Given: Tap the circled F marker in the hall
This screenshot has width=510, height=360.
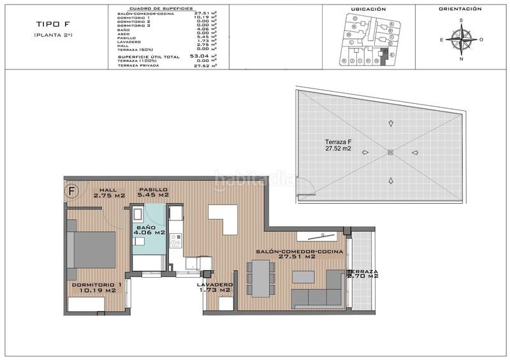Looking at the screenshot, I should pyautogui.click(x=72, y=191).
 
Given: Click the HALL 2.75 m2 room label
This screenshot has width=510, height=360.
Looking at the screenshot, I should pyautogui.click(x=108, y=193).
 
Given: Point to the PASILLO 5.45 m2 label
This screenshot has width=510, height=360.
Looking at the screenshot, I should pyautogui.click(x=152, y=193).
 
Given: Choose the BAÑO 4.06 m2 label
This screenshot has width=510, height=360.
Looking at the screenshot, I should pyautogui.click(x=150, y=230).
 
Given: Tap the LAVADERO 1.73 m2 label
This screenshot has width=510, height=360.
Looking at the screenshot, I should pyautogui.click(x=215, y=288).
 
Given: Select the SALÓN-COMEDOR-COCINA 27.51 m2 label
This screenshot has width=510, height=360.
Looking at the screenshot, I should pyautogui.click(x=300, y=254).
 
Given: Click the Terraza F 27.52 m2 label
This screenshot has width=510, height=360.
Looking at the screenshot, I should pyautogui.click(x=324, y=145).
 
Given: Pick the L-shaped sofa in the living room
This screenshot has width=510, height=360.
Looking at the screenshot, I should pyautogui.click(x=319, y=292).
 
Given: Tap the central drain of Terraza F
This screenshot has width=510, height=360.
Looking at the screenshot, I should pyautogui.click(x=390, y=152).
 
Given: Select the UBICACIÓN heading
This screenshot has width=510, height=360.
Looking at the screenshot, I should pyautogui.click(x=368, y=10).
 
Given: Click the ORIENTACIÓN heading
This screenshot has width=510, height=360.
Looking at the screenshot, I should pyautogui.click(x=460, y=10).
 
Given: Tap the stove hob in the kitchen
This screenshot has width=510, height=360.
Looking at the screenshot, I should pyautogui.click(x=176, y=241).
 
